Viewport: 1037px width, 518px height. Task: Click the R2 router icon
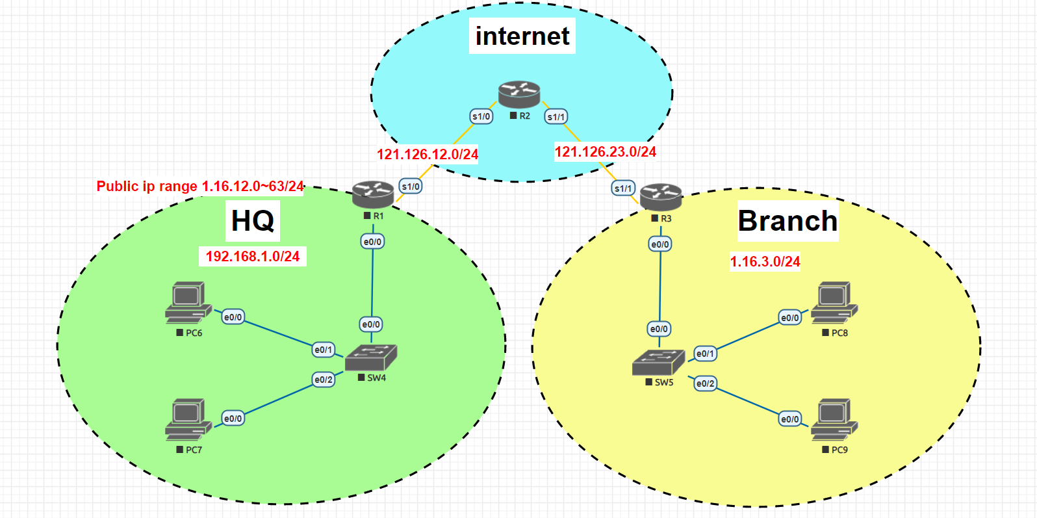click(x=519, y=95)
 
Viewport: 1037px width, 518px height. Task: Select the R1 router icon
click(x=373, y=194)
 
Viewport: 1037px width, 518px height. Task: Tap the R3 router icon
click(x=661, y=197)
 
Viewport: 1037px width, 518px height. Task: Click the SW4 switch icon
click(x=370, y=358)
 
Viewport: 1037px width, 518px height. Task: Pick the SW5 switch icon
click(x=658, y=363)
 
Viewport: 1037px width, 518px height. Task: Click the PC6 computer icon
click(x=188, y=302)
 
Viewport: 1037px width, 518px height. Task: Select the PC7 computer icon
click(x=188, y=419)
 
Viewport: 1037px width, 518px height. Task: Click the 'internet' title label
click(x=522, y=36)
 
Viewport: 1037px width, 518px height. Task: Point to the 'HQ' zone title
click(x=253, y=220)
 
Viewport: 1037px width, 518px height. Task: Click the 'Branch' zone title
click(x=787, y=221)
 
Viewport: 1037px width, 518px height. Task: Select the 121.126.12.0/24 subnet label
click(x=428, y=154)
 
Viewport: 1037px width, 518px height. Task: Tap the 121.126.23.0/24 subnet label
click(x=605, y=151)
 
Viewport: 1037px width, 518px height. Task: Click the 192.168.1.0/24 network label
click(x=252, y=256)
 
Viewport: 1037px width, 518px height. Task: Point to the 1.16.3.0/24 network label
click(x=765, y=261)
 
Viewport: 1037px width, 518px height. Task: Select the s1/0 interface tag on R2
click(x=481, y=116)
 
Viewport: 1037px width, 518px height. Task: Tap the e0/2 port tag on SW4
click(x=324, y=380)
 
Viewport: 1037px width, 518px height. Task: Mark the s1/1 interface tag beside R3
click(x=623, y=188)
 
